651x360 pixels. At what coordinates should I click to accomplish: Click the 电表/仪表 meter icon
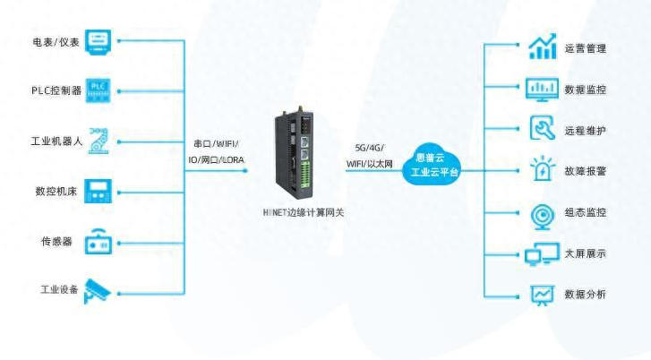(101, 40)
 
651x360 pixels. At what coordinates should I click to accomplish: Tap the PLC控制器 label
(56, 90)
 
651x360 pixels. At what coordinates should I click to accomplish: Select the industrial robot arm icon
(101, 141)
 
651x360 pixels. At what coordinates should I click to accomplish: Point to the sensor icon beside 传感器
(99, 243)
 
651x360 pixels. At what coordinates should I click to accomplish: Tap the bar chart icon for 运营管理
(542, 48)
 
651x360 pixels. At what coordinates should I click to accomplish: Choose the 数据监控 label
(586, 90)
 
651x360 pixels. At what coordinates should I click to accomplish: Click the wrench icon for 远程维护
(542, 129)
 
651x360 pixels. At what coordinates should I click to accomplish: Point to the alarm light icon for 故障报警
(542, 170)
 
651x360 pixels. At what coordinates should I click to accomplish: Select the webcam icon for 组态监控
(542, 212)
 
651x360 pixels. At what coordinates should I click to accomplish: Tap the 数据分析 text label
(586, 294)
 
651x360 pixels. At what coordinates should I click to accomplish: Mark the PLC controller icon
(101, 90)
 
